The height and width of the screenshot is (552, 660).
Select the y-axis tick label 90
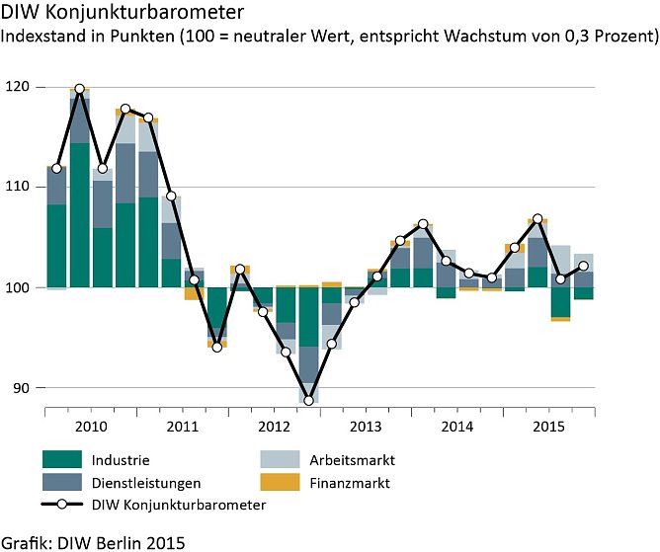[x=19, y=387]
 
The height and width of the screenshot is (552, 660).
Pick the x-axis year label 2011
[x=183, y=426]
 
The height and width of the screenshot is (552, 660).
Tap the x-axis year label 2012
[x=274, y=426]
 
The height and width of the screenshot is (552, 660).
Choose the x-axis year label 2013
[x=367, y=426]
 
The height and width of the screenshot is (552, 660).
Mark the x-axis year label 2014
[x=457, y=426]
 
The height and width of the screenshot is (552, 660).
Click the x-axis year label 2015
[x=549, y=426]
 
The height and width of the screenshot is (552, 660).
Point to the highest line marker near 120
[x=79, y=89]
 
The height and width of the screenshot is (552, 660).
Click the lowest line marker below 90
[x=309, y=400]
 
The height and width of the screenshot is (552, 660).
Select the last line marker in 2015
[x=584, y=266]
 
